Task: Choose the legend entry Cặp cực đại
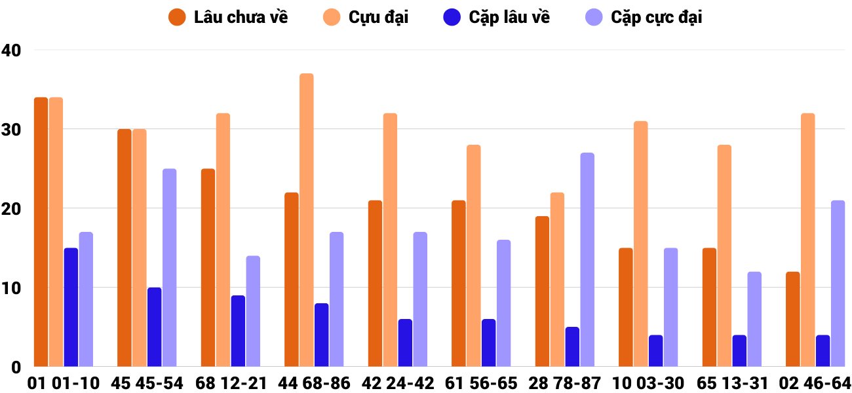pyautogui.click(x=644, y=18)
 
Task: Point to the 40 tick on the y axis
pyautogui.click(x=11, y=50)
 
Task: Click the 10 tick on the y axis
pyautogui.click(x=11, y=288)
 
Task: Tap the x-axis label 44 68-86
pyautogui.click(x=314, y=383)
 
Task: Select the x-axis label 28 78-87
pyautogui.click(x=564, y=383)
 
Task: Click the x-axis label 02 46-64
pyautogui.click(x=815, y=383)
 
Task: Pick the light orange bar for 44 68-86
pyautogui.click(x=307, y=220)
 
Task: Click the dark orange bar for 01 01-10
pyautogui.click(x=41, y=232)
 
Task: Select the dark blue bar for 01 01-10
pyautogui.click(x=71, y=307)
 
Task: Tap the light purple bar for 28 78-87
pyautogui.click(x=587, y=259)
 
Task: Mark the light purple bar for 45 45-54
pyautogui.click(x=170, y=267)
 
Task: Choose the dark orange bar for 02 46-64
pyautogui.click(x=792, y=319)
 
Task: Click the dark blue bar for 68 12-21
pyautogui.click(x=238, y=331)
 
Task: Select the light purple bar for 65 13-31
pyautogui.click(x=754, y=319)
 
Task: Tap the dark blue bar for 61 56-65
pyautogui.click(x=489, y=343)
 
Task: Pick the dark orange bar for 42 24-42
pyautogui.click(x=375, y=284)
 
